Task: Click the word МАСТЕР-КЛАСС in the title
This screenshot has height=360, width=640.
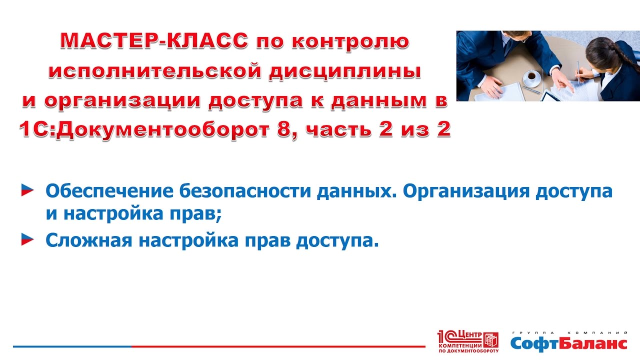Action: [x=154, y=40]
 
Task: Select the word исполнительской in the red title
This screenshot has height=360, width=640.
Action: [x=155, y=71]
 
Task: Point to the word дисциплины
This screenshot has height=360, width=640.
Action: [x=345, y=72]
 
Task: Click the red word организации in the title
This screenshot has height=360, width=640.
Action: [x=122, y=101]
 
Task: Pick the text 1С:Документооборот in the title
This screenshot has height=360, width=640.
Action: [x=144, y=129]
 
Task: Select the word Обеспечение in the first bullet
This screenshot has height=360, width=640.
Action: [x=109, y=191]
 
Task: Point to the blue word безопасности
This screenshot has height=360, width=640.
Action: [x=245, y=191]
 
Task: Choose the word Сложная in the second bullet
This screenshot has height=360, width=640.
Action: [x=89, y=240]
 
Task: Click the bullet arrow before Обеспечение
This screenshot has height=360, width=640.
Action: [x=27, y=190]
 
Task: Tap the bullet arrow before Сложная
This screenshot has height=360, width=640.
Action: [x=27, y=239]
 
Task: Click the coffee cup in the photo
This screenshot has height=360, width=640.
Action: [x=531, y=78]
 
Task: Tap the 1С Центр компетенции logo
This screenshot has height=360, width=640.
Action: [x=468, y=341]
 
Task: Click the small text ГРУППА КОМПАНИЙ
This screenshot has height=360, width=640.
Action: [x=569, y=333]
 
